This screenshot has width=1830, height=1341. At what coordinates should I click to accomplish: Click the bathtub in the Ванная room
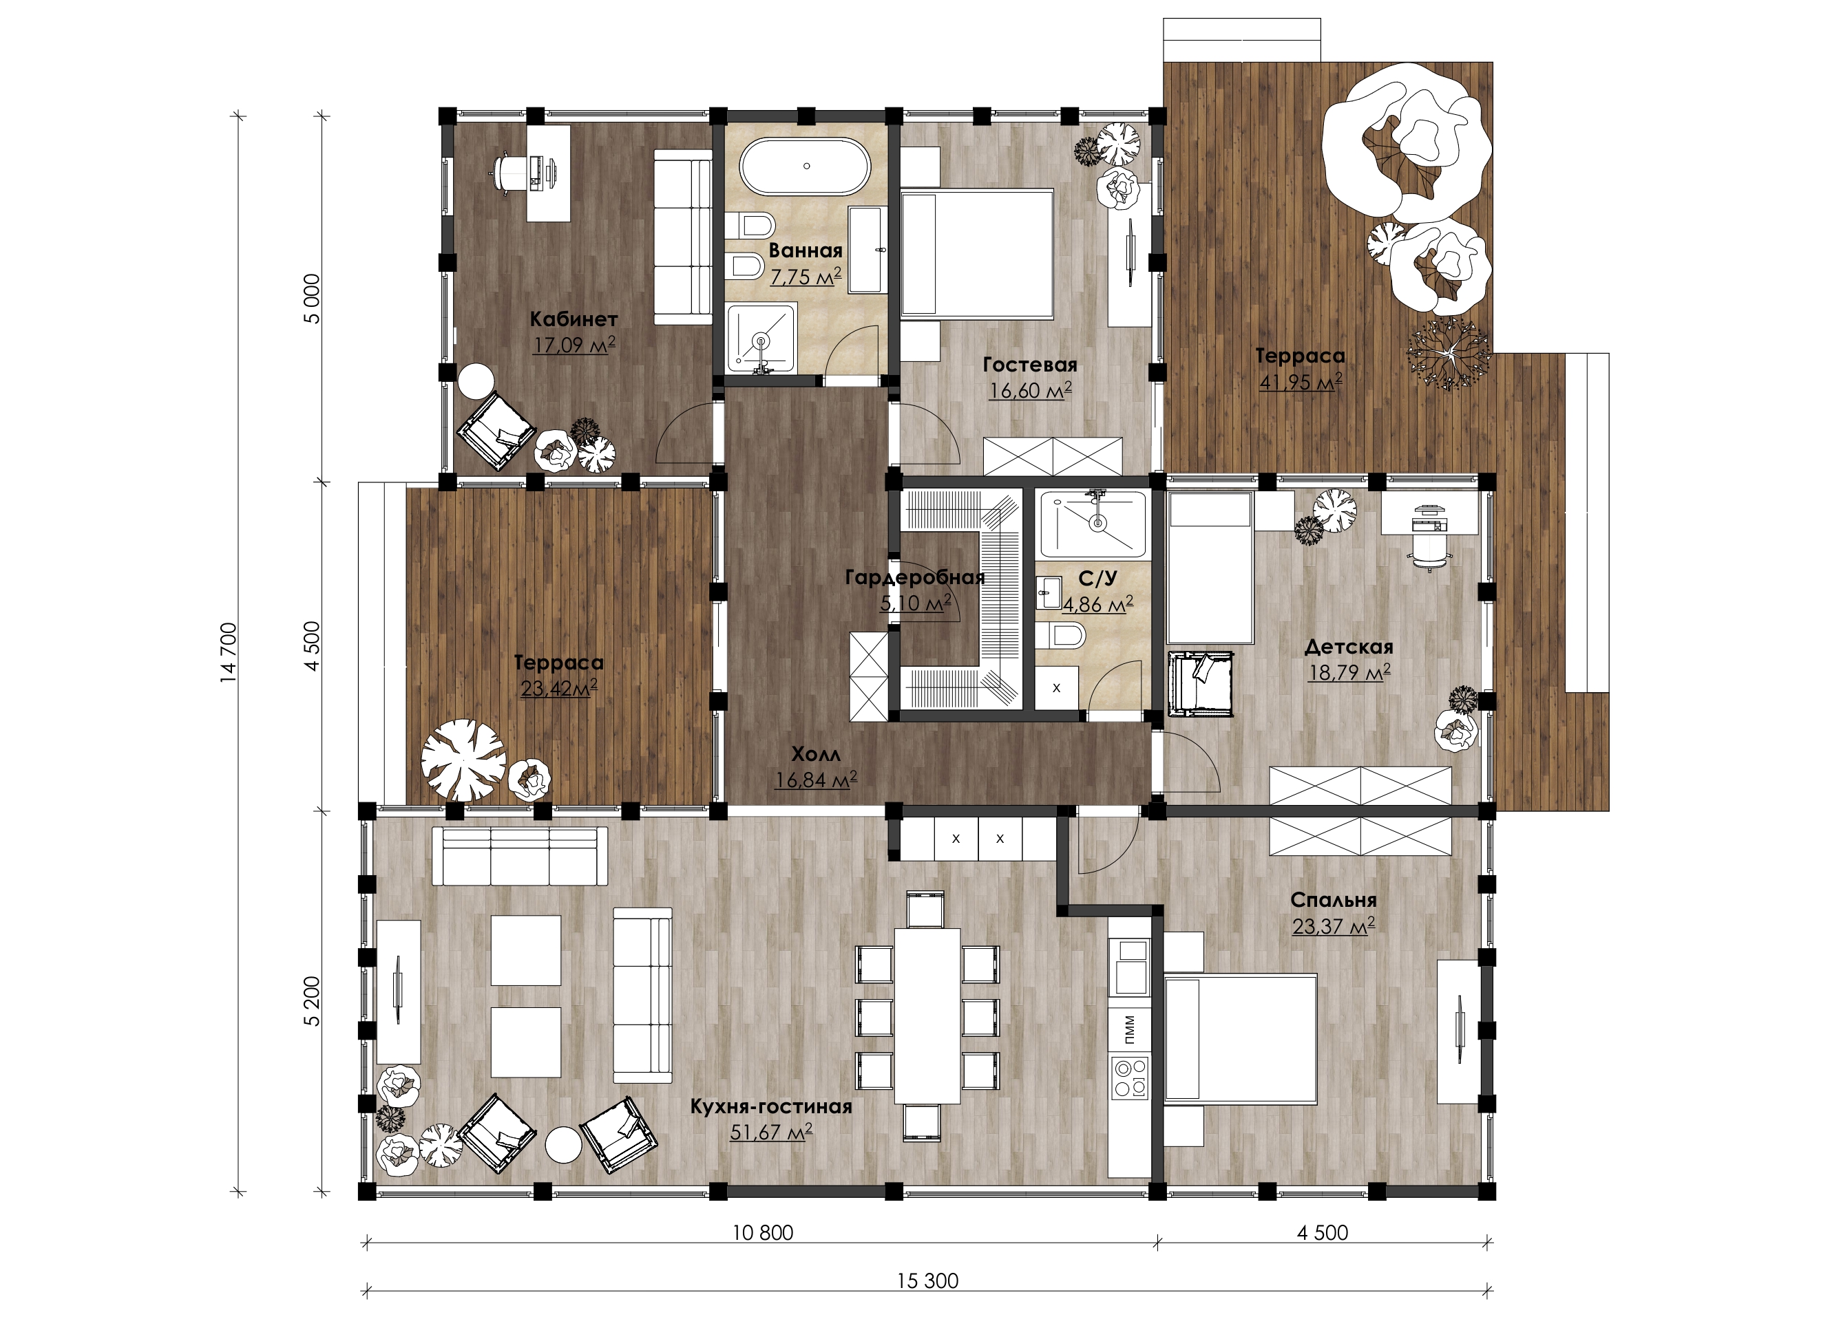pyautogui.click(x=804, y=167)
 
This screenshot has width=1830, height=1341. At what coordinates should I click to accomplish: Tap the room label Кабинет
pyautogui.click(x=574, y=319)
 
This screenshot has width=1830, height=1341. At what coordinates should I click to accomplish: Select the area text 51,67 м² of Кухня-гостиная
pyautogui.click(x=771, y=1133)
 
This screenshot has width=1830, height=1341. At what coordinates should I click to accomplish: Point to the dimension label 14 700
pyautogui.click(x=229, y=653)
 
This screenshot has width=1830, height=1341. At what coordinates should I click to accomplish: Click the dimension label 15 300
pyautogui.click(x=927, y=1281)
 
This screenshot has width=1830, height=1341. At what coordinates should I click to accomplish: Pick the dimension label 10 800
pyautogui.click(x=762, y=1233)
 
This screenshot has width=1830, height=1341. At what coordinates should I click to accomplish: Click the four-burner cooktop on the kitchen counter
pyautogui.click(x=1130, y=1078)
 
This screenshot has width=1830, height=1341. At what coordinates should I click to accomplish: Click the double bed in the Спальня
pyautogui.click(x=1239, y=1039)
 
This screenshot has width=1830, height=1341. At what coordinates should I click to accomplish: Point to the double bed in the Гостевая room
pyautogui.click(x=976, y=253)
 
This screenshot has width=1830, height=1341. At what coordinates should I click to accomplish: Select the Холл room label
pyautogui.click(x=815, y=754)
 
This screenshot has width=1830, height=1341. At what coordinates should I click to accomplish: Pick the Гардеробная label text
pyautogui.click(x=914, y=577)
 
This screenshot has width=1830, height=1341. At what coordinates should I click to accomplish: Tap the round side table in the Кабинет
pyautogui.click(x=475, y=380)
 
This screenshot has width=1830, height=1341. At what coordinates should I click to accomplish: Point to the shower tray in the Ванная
pyautogui.click(x=760, y=338)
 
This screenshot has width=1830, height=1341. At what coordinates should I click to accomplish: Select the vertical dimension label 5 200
pyautogui.click(x=313, y=1002)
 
